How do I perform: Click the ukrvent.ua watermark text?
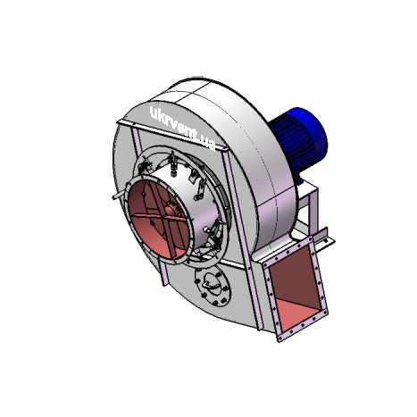pyautogui.click(x=182, y=128)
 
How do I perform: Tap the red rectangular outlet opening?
pyautogui.click(x=295, y=288)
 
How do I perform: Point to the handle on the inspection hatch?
pyautogui.click(x=212, y=283)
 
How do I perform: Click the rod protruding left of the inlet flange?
pyautogui.click(x=119, y=196)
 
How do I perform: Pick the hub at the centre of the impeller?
pyautogui.click(x=171, y=207)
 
